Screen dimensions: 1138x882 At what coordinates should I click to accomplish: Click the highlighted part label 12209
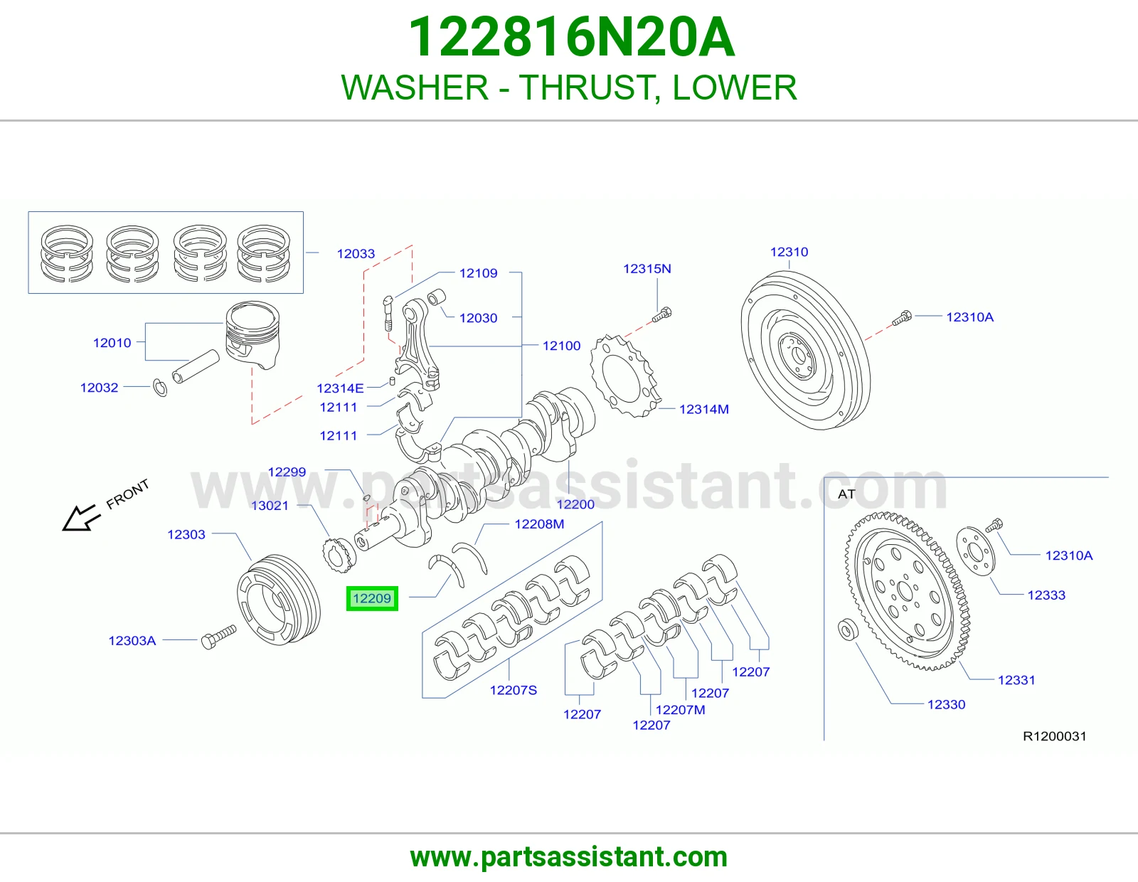(372, 598)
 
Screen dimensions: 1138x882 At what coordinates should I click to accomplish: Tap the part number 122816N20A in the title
(571, 38)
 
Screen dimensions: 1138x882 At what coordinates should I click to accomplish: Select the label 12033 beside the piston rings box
(356, 254)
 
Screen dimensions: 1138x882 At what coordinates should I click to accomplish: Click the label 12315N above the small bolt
(647, 269)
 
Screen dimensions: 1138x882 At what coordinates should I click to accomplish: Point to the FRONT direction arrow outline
(81, 518)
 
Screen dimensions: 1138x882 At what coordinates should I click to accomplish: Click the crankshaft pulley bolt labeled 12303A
(218, 637)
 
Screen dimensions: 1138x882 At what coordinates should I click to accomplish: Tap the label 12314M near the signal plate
(704, 409)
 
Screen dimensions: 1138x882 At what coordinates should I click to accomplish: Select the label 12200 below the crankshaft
(575, 504)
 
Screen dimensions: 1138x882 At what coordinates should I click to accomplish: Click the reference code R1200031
(1055, 736)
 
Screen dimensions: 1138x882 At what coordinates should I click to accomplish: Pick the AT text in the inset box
(846, 494)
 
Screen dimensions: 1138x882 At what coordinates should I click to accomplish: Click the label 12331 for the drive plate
(1016, 680)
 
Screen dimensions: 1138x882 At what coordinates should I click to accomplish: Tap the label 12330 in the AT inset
(947, 704)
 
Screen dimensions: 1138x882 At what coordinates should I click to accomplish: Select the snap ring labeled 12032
(160, 388)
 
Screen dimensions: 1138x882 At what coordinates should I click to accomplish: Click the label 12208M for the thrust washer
(539, 524)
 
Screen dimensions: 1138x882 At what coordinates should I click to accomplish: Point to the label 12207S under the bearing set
(514, 690)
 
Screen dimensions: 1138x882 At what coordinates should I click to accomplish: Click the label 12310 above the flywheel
(789, 252)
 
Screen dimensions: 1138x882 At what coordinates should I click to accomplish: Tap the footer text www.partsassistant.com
(569, 857)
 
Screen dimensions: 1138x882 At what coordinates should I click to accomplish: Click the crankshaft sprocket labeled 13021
(339, 556)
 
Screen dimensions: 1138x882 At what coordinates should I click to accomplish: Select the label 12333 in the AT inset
(1046, 595)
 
